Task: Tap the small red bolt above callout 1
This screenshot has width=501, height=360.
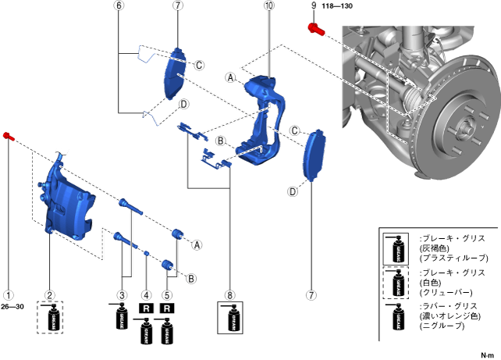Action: pos(8,136)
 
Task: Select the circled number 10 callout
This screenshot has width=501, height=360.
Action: pos(269,5)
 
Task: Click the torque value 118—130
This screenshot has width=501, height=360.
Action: pos(337,5)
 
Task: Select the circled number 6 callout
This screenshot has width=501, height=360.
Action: pos(119,5)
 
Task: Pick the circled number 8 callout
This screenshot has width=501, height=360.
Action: pos(229,295)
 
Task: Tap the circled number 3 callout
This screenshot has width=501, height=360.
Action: pos(122,295)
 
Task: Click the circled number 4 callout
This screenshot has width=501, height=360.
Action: pos(145,295)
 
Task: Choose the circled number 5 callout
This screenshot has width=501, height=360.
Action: pos(166,295)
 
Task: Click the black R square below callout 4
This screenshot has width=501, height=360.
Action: pos(145,309)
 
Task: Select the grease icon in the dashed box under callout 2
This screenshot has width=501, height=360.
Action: pos(52,320)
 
